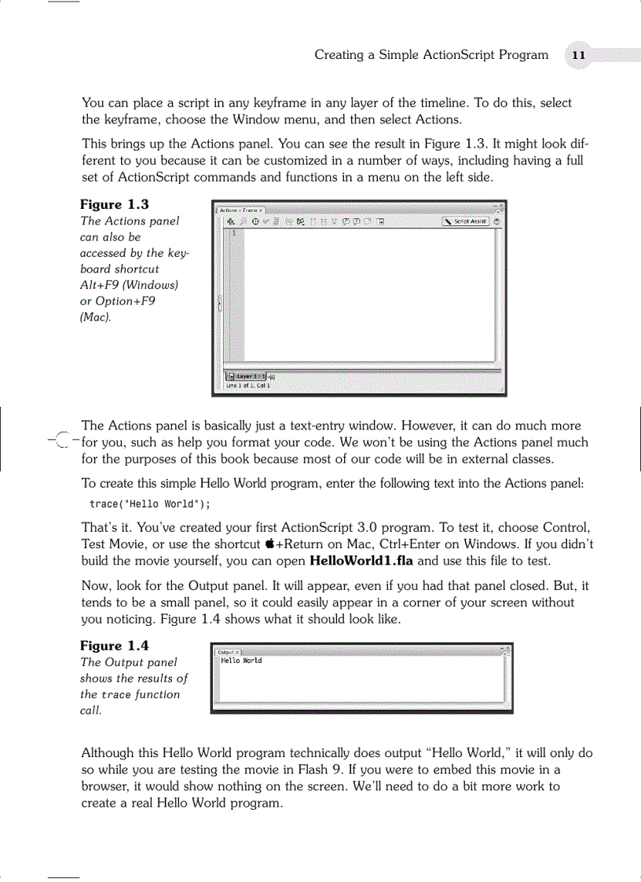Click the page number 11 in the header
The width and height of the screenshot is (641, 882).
(x=578, y=55)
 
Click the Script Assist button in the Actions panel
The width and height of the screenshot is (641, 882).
(x=466, y=221)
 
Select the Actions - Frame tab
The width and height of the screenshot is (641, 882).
(x=240, y=210)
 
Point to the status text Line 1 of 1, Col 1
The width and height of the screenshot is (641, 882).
(x=248, y=386)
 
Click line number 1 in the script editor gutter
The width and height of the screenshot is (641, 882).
(x=233, y=233)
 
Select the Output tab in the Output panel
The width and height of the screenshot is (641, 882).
(x=227, y=652)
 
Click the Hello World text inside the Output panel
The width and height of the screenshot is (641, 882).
(x=241, y=661)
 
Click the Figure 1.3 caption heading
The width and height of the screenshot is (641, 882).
(x=115, y=205)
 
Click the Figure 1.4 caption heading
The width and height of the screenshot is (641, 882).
(x=115, y=646)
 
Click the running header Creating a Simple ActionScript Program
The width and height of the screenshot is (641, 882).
(x=431, y=55)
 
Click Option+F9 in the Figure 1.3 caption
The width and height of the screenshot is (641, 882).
(x=117, y=301)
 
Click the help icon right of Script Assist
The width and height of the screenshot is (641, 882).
(x=497, y=221)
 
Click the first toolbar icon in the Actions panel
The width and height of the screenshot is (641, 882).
(x=231, y=221)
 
